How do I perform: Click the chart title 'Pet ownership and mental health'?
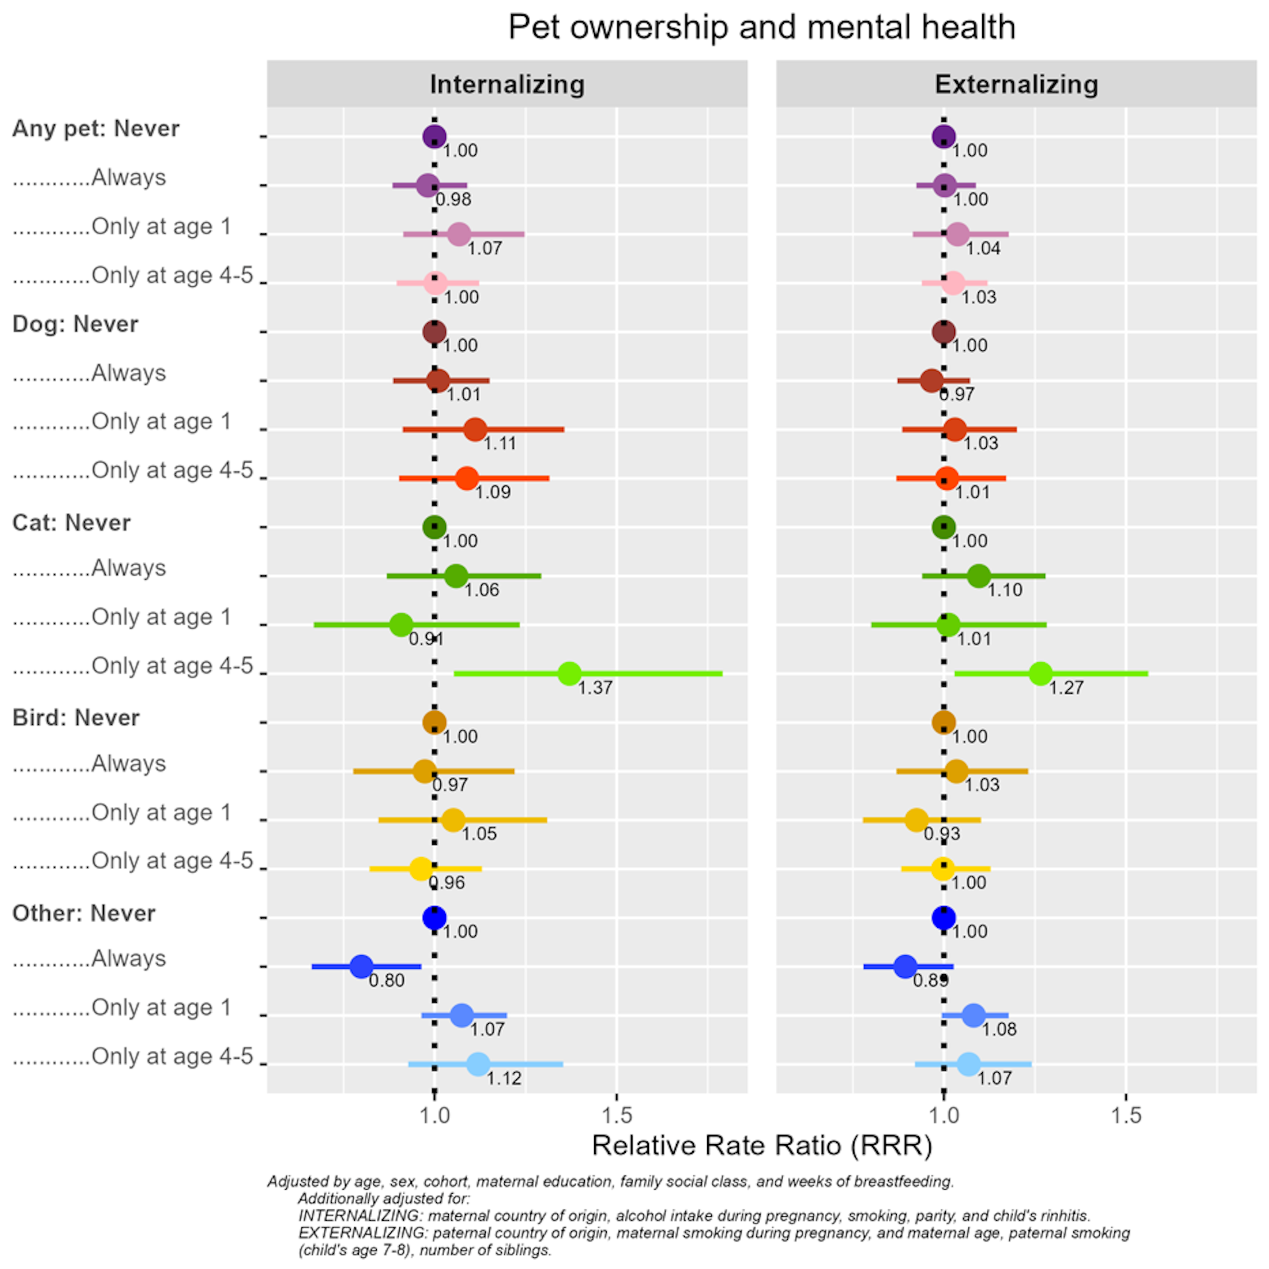click(x=761, y=28)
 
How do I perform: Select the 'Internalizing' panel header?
click(x=507, y=85)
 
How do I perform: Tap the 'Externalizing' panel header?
click(x=1016, y=85)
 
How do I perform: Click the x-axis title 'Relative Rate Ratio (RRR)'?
click(x=761, y=1145)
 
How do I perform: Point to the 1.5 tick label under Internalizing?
click(x=617, y=1115)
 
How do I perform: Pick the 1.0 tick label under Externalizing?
click(x=943, y=1115)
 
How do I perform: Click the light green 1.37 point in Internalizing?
click(x=569, y=673)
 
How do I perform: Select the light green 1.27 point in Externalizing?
click(x=1040, y=673)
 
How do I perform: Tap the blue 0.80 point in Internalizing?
click(x=361, y=966)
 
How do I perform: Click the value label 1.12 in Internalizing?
click(x=504, y=1079)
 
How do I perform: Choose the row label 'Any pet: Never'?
click(x=96, y=128)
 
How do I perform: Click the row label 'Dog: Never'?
click(x=75, y=324)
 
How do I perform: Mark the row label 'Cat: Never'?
click(x=71, y=523)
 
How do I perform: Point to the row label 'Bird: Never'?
click(x=76, y=718)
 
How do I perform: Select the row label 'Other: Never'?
click(x=84, y=913)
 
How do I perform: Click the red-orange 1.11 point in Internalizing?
click(x=475, y=430)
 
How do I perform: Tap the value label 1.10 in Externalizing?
click(x=1005, y=590)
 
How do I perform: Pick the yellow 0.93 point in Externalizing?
click(x=916, y=820)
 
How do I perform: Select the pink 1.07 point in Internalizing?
click(x=459, y=234)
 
